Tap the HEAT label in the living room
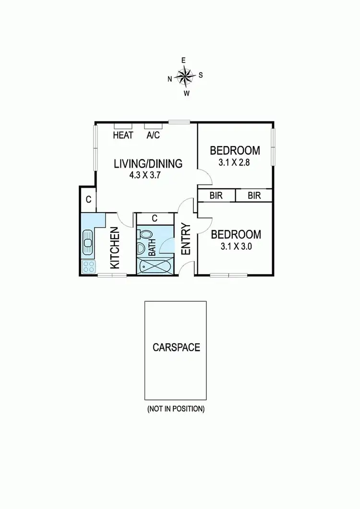tap(123, 135)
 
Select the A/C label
tap(153, 135)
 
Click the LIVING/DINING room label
tap(148, 163)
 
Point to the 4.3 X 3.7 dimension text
tap(144, 176)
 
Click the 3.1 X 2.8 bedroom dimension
tap(235, 162)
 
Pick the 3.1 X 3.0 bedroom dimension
tap(236, 247)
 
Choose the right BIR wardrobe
tap(254, 195)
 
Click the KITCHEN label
tap(115, 248)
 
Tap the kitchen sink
tap(88, 242)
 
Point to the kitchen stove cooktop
tap(88, 267)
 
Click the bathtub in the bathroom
tap(154, 266)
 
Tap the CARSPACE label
tap(176, 347)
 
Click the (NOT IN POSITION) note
tap(176, 409)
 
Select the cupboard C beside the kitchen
tap(88, 199)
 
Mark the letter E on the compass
tap(183, 61)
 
